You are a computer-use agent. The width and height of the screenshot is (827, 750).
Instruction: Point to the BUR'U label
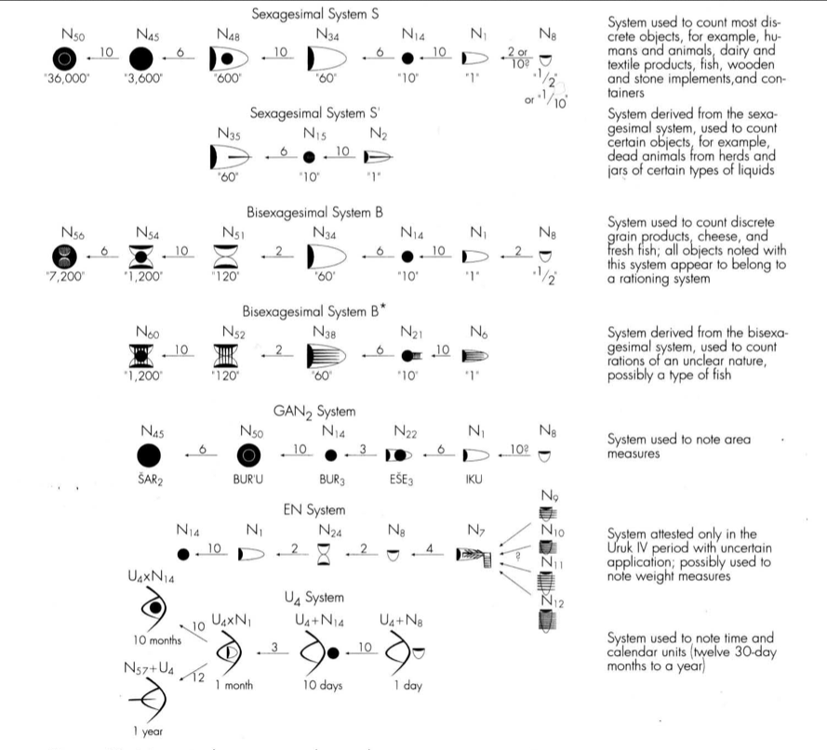coord(249,480)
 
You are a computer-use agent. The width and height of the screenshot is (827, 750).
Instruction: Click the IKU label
coord(474,480)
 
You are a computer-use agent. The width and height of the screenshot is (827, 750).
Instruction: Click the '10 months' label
coord(146,640)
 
